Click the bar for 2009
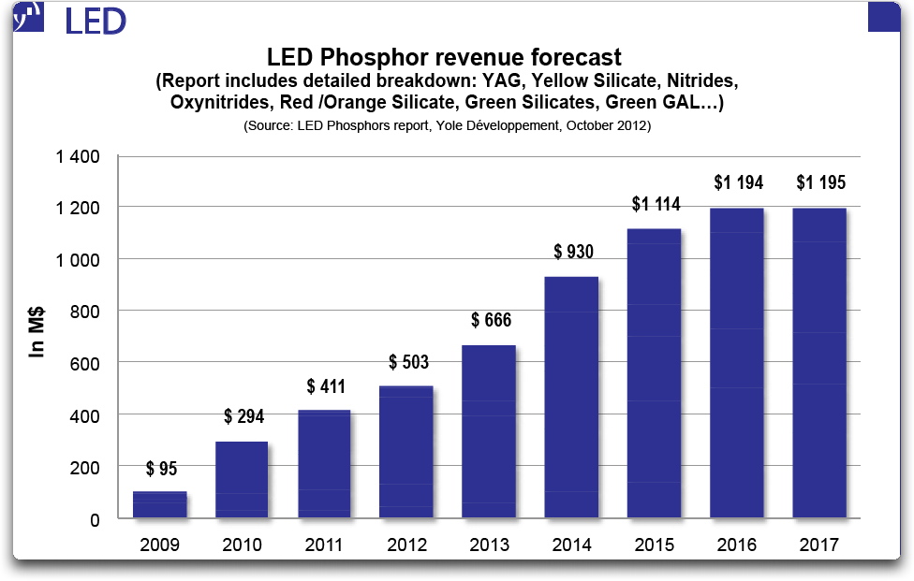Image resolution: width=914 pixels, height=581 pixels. [x=160, y=504]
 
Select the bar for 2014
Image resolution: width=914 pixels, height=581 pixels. [x=570, y=397]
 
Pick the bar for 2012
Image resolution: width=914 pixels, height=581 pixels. [x=405, y=452]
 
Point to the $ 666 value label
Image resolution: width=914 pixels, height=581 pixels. [x=490, y=321]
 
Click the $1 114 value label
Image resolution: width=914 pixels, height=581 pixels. [x=655, y=204]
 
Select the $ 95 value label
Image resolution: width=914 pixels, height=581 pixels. [x=160, y=468]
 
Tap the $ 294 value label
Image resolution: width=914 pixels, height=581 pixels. [x=243, y=416]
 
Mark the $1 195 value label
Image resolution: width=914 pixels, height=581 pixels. [x=820, y=182]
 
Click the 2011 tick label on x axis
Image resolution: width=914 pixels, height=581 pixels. [x=324, y=545]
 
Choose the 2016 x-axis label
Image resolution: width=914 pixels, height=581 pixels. [x=737, y=545]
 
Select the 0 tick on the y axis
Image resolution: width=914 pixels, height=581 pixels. [x=96, y=518]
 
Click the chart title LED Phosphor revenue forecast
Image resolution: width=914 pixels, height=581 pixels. [x=445, y=59]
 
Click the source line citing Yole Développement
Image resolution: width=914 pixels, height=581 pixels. [x=447, y=124]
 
